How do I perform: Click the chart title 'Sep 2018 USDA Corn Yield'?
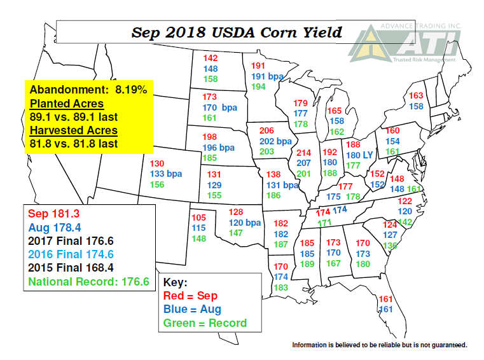tap(236, 32)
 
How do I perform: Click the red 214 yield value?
tap(304, 153)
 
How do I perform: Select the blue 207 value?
tap(304, 163)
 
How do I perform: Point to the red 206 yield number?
tap(268, 130)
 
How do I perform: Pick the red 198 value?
tap(210, 137)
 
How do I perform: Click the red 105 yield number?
tap(198, 217)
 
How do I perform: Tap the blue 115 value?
tap(198, 228)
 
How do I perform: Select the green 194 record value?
tap(259, 87)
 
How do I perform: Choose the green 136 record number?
tap(389, 245)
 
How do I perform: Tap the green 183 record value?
tap(280, 287)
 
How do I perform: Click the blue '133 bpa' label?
tap(166, 174)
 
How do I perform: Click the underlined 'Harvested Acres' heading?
tap(74, 130)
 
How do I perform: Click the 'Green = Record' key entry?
tap(205, 322)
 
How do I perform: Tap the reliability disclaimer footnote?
tap(380, 345)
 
